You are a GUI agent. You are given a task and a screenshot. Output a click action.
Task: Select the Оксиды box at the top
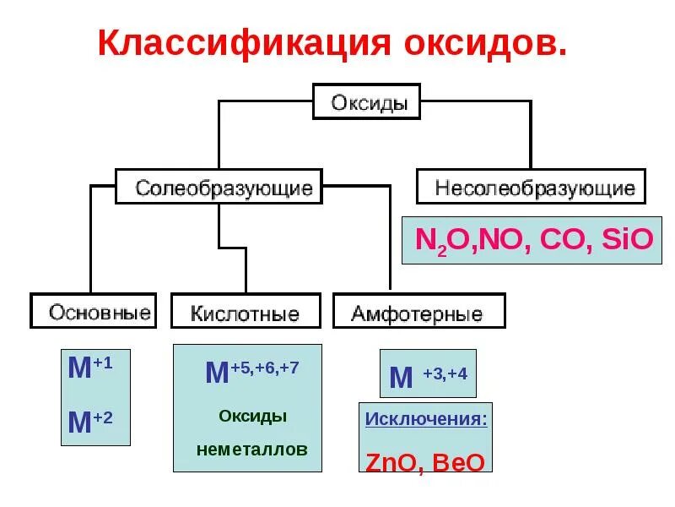[368, 102]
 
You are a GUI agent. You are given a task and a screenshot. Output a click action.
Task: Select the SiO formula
[628, 239]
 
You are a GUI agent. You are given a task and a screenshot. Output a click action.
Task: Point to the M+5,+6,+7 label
[251, 372]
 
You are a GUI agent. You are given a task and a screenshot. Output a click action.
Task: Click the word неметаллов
[252, 450]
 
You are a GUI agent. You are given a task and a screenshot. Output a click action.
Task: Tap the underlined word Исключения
[426, 419]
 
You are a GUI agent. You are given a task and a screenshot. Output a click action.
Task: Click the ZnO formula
[394, 463]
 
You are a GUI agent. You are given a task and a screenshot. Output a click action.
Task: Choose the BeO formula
[460, 463]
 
